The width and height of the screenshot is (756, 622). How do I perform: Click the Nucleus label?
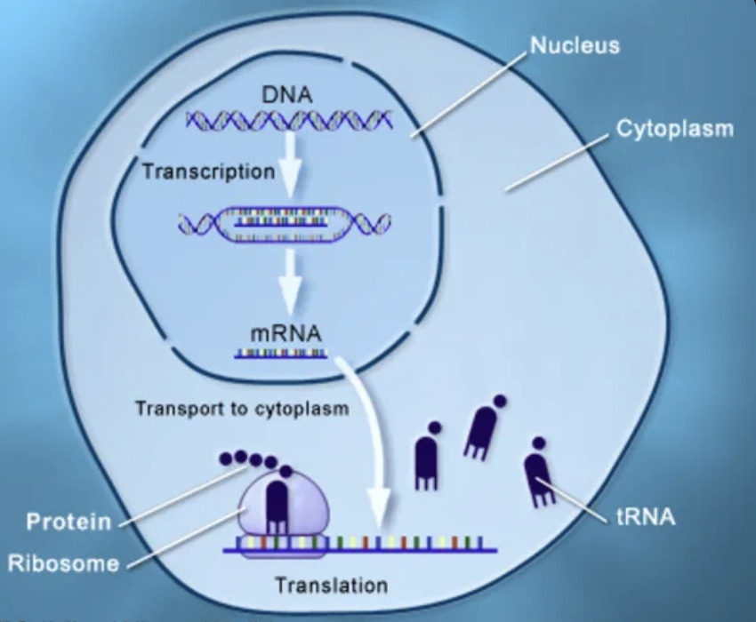coord(575,44)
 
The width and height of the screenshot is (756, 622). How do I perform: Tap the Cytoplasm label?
coord(675,129)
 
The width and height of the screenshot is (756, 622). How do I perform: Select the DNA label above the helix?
coord(287,94)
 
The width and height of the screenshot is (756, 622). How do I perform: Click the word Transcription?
coord(209,171)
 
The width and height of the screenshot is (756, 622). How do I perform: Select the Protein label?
coord(68,521)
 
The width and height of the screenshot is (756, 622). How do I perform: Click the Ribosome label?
coord(63,563)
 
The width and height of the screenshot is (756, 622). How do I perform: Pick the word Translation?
coord(331,585)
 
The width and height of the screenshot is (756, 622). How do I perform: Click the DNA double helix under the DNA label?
coord(289,118)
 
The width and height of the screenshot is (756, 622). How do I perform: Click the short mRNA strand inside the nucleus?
coord(281,355)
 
